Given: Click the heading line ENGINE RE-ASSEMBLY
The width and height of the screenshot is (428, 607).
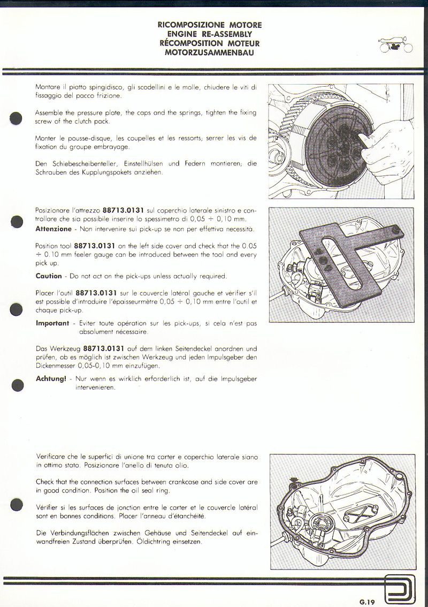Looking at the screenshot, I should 209,34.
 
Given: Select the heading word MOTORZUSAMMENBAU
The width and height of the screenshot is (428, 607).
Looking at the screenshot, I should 209,52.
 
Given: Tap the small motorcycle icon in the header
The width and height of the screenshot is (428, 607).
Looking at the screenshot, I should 395,46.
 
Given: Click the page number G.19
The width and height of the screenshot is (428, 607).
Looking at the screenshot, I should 367,602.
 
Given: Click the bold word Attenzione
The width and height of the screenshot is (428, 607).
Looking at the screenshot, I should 53,229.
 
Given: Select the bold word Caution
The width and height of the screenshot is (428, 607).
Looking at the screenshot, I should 49,276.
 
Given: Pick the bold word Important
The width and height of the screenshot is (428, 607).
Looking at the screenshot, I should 52,323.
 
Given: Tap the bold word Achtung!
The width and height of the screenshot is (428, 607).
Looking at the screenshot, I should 51,379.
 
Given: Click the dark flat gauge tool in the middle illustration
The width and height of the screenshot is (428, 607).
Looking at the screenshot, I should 342,262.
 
